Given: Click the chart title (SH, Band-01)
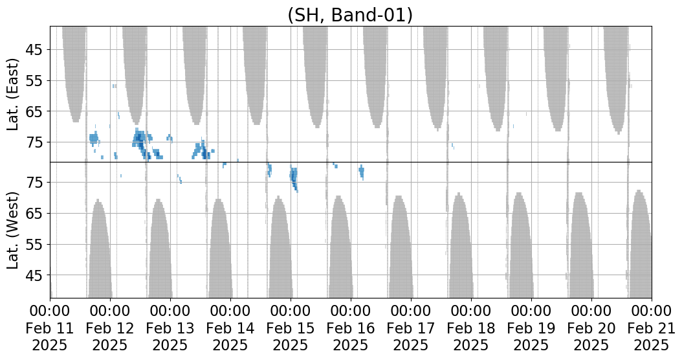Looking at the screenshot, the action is pos(349,15).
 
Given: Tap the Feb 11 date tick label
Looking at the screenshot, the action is pos(50,328).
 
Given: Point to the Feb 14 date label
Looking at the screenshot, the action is pos(230,328).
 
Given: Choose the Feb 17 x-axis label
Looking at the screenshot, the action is pos(411,328).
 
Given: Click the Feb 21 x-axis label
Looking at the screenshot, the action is pos(652,328).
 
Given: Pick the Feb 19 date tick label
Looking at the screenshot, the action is pos(531,328).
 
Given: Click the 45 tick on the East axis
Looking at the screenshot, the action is pos(36,50).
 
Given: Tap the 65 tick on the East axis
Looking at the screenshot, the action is pos(36,111).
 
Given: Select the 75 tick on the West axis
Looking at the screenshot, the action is pos(36,183).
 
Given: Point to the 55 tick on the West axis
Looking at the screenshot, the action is pos(36,244).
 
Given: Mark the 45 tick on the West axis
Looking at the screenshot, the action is pos(36,275).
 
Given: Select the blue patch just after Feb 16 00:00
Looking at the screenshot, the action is pos(362,172).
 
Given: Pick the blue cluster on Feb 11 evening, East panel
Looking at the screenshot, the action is pos(94,139).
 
